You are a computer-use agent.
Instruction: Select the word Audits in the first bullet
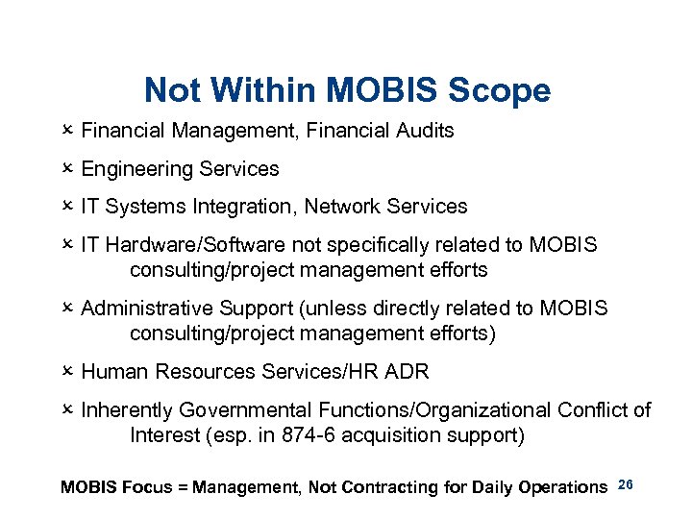click(424, 131)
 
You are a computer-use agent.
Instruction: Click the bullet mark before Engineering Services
click(67, 168)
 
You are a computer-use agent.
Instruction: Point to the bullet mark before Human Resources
click(67, 372)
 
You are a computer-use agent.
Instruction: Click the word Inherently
click(127, 410)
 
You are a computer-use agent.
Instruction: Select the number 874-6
click(311, 435)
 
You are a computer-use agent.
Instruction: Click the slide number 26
click(625, 483)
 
